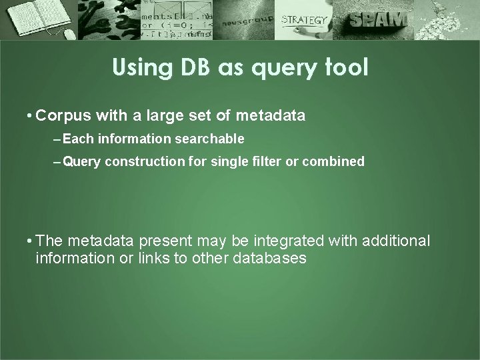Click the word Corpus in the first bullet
pyautogui.click(x=63, y=116)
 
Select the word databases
pyautogui.click(x=270, y=258)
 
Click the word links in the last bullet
pyautogui.click(x=154, y=258)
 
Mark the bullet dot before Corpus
pyautogui.click(x=30, y=117)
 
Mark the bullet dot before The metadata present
pyautogui.click(x=30, y=241)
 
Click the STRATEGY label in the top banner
pyautogui.click(x=305, y=20)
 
